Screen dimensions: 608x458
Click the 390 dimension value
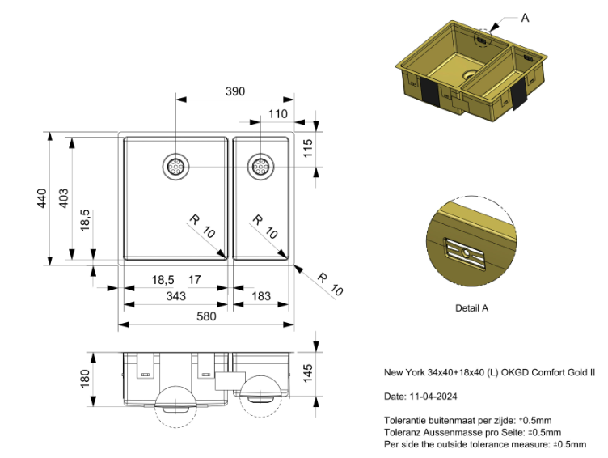(235, 91)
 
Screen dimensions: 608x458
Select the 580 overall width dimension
(206, 316)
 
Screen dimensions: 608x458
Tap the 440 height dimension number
(42, 198)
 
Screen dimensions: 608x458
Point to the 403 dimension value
(63, 198)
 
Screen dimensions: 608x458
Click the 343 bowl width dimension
(176, 296)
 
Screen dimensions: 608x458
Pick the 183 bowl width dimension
(261, 296)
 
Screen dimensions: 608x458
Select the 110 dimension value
(277, 114)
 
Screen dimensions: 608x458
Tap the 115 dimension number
(308, 148)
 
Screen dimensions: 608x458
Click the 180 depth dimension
(85, 379)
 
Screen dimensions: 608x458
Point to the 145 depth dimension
(307, 374)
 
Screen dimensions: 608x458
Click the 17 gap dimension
(195, 279)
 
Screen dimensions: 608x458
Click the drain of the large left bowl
(175, 167)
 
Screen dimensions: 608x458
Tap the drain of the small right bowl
(260, 167)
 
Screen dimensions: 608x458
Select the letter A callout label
(525, 18)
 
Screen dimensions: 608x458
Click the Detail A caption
(471, 308)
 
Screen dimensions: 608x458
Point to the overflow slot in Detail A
(465, 253)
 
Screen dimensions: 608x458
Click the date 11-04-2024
(433, 397)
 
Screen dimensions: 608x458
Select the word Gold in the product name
(578, 372)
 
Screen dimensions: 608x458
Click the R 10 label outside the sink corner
(331, 285)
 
